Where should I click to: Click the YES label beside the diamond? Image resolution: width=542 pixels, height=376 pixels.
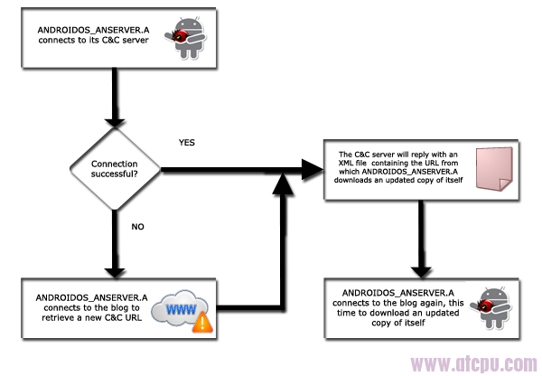[x=187, y=143]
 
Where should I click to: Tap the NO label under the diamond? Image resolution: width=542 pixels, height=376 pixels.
[x=137, y=227]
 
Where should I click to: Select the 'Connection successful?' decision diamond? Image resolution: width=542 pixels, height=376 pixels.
[x=115, y=169]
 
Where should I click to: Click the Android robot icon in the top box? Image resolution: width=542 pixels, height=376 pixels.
[x=186, y=38]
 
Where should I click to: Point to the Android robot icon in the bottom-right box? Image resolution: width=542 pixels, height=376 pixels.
[x=491, y=308]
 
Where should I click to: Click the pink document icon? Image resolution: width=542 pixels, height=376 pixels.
[x=494, y=169]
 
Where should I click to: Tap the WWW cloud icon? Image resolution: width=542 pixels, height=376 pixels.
[x=180, y=308]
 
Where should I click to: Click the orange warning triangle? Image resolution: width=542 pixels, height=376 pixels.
[x=202, y=323]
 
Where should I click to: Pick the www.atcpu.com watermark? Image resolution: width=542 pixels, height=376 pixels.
[x=473, y=364]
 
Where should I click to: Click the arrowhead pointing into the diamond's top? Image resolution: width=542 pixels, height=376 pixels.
[x=115, y=123]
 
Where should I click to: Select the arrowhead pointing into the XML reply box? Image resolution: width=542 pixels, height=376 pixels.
[x=313, y=170]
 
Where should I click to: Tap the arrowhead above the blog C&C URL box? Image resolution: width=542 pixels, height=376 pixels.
[x=115, y=273]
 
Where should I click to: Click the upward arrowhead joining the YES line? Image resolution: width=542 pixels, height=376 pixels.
[x=283, y=183]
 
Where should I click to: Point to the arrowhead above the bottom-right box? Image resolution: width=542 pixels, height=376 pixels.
[x=421, y=273]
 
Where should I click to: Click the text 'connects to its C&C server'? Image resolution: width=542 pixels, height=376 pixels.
[x=93, y=40]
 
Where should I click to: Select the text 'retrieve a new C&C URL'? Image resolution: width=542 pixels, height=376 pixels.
[x=92, y=317]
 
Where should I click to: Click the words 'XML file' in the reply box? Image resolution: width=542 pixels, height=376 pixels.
[x=352, y=163]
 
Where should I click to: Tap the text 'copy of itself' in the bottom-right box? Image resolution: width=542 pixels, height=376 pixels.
[x=398, y=323]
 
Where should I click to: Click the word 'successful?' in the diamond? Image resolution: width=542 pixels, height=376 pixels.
[x=115, y=174]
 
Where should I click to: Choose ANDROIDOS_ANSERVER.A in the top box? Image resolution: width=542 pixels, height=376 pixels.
[x=93, y=30]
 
